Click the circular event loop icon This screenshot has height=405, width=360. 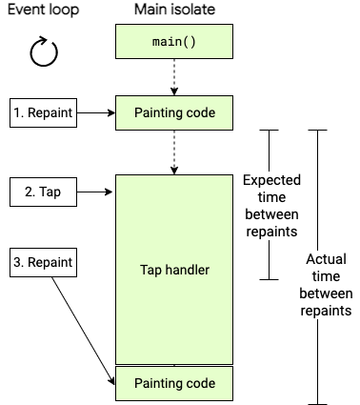(x=44, y=53)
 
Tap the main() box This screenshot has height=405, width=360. (x=173, y=44)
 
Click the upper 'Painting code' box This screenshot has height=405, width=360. (x=173, y=112)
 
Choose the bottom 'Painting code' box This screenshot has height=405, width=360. (x=173, y=383)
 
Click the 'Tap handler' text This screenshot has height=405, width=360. (x=173, y=270)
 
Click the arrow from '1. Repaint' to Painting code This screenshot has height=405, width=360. (x=95, y=112)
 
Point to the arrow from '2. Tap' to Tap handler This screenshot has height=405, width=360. (x=95, y=192)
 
